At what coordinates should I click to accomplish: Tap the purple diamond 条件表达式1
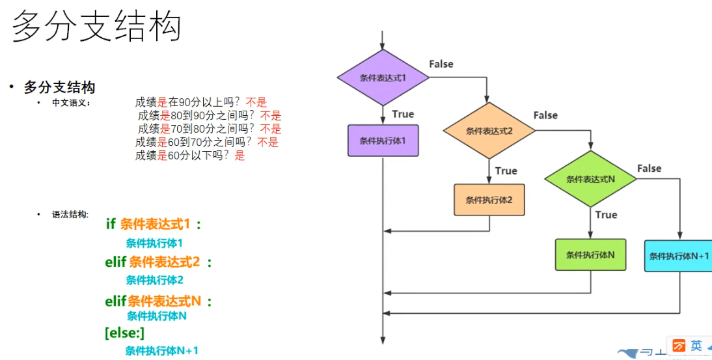point(383,77)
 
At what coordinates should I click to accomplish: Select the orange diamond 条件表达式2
point(489,130)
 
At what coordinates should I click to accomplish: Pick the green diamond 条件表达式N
point(590,179)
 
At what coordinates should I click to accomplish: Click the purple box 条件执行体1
point(383,140)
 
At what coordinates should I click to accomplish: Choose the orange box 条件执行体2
point(489,200)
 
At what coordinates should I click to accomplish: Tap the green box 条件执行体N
point(590,255)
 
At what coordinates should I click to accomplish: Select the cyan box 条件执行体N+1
point(679,256)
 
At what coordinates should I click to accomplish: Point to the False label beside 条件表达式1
point(441,64)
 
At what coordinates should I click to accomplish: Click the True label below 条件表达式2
point(506,171)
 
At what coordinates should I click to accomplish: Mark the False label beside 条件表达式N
point(649,168)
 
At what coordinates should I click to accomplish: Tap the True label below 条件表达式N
point(606,214)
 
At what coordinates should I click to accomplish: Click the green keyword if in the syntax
point(111,225)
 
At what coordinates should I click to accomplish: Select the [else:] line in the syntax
point(124,333)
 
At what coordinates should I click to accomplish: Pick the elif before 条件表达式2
point(116,262)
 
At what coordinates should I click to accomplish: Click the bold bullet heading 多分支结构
point(60,87)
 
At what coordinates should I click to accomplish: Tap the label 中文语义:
point(71,103)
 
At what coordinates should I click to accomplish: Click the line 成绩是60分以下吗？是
point(190,156)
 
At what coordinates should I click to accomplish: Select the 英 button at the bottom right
point(696,346)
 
